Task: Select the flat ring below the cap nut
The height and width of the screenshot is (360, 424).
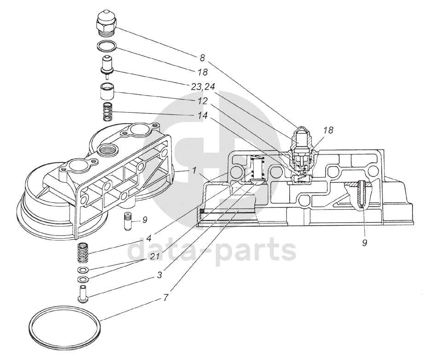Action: (x=107, y=46)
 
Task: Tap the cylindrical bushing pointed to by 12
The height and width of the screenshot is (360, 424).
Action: (x=107, y=92)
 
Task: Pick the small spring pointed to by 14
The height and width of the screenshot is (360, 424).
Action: (x=107, y=113)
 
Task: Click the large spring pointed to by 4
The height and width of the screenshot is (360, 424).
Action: (x=83, y=253)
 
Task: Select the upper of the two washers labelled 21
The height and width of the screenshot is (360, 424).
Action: (x=83, y=270)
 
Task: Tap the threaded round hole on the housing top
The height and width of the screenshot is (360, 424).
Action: (x=107, y=149)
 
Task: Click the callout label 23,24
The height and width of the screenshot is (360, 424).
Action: (x=202, y=87)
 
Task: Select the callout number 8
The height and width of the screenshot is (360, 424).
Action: (x=202, y=57)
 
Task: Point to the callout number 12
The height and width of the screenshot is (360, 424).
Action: (x=202, y=101)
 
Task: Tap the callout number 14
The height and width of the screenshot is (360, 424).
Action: (x=202, y=115)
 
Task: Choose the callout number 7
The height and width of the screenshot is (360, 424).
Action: (x=166, y=297)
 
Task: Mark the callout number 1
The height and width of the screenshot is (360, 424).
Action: (x=194, y=171)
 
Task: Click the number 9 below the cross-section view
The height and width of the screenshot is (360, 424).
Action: (x=364, y=243)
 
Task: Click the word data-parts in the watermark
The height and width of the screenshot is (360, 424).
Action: (x=212, y=249)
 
